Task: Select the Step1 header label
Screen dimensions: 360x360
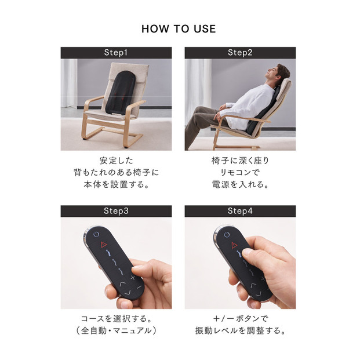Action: tap(116, 53)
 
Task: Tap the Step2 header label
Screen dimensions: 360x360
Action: tap(240, 53)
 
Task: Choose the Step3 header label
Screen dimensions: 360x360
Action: tap(116, 211)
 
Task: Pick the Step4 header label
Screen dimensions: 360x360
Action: tap(240, 211)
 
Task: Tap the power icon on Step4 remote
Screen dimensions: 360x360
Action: tap(227, 235)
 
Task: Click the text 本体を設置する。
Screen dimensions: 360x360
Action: tap(116, 186)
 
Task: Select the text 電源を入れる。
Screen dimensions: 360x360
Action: tap(240, 186)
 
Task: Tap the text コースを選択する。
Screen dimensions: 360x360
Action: tap(116, 319)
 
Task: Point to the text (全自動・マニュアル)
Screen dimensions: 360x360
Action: tap(116, 332)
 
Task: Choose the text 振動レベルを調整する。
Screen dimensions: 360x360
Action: tap(240, 332)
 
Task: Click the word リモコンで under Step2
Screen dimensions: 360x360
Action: tap(240, 173)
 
